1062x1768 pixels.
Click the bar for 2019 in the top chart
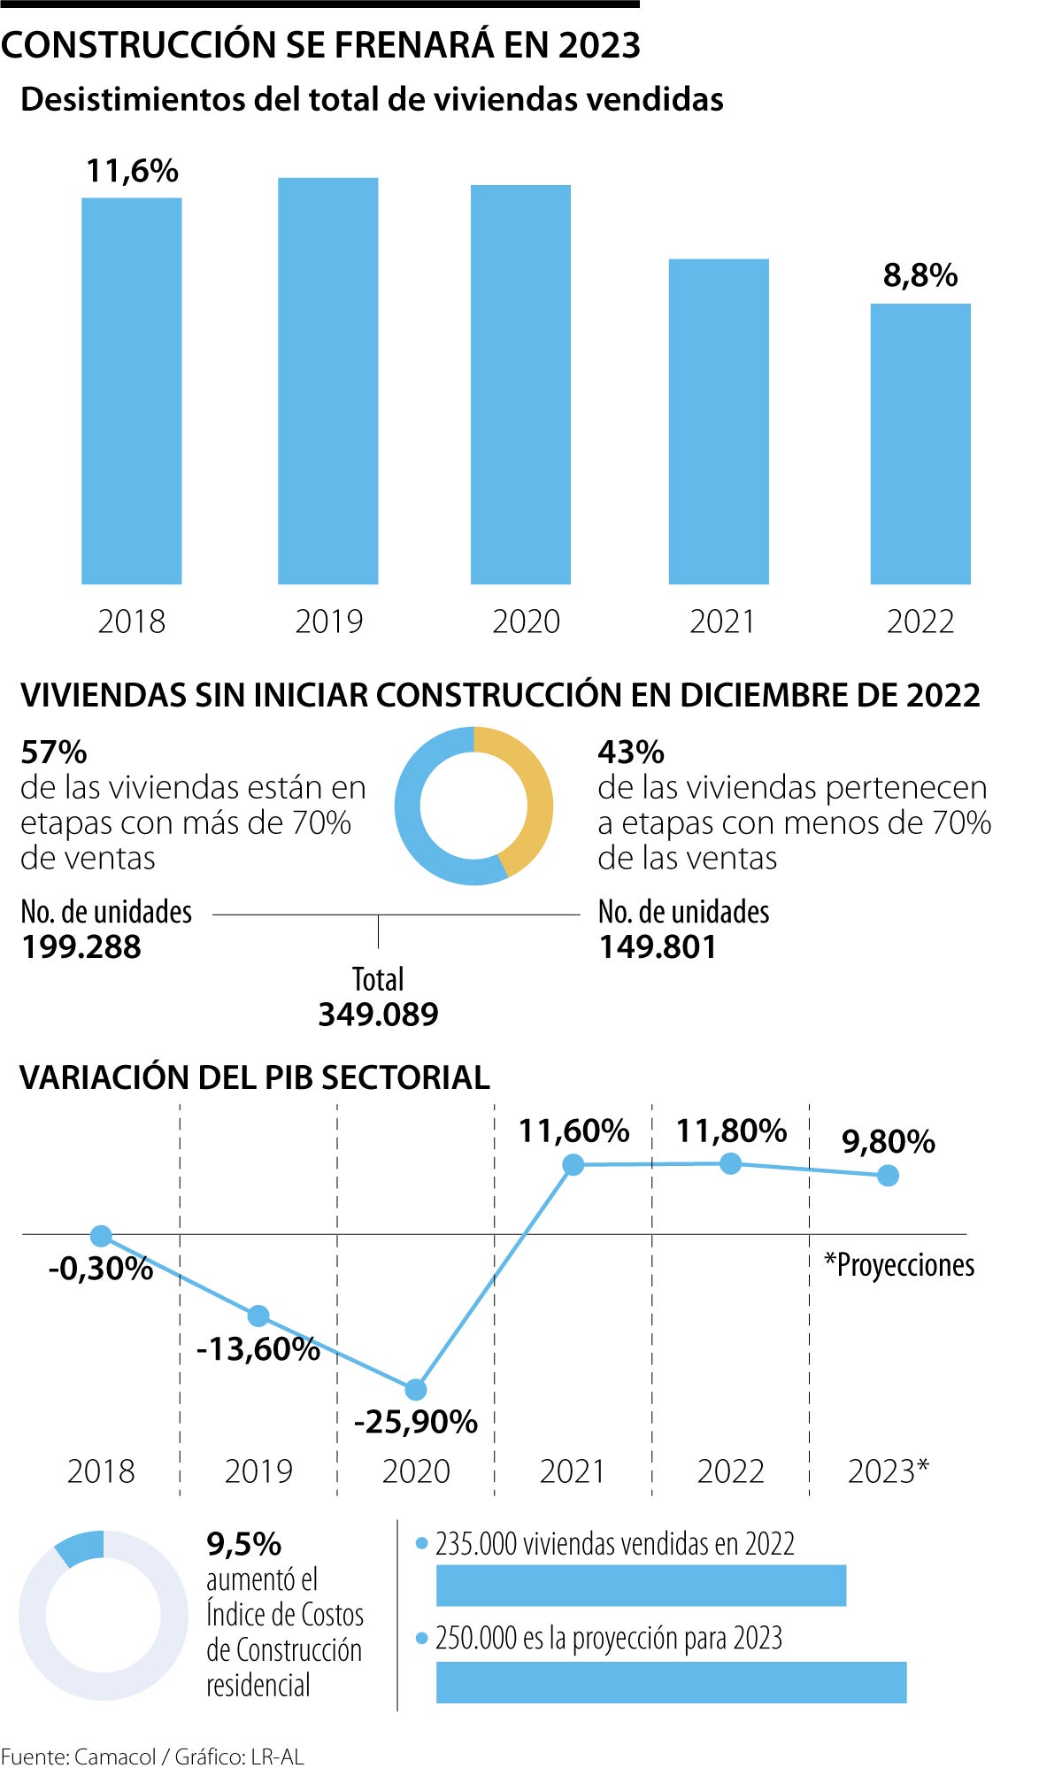pos(327,381)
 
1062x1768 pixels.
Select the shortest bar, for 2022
pos(920,444)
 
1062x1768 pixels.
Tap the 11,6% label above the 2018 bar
pos(132,171)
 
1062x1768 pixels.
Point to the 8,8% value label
pos(920,275)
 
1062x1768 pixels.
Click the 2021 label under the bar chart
pos(722,622)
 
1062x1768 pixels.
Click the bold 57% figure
pos(54,753)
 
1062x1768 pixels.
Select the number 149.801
pos(658,947)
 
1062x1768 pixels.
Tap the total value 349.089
pos(378,1015)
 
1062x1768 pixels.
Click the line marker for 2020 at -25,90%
pos(415,1389)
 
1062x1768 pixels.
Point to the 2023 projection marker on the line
pos(888,1175)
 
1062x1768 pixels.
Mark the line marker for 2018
pos(101,1236)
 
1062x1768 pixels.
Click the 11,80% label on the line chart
pos(731,1131)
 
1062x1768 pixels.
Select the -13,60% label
pos(258,1349)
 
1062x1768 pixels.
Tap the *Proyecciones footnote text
pos(899,1265)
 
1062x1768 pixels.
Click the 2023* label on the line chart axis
pos(888,1471)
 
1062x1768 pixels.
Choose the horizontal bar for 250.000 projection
pos(671,1682)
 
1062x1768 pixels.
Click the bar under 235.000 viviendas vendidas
pos(641,1585)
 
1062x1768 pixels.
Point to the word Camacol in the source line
pos(115,1756)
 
